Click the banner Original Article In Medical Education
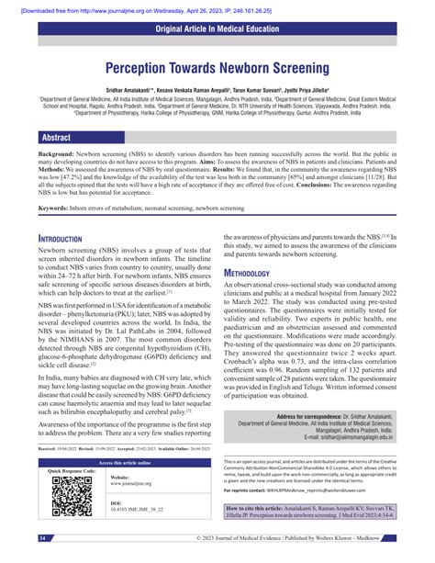[217, 31]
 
